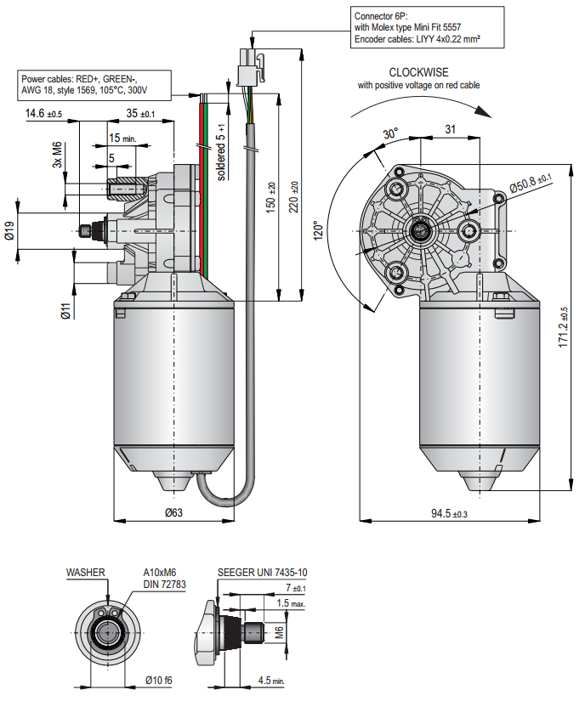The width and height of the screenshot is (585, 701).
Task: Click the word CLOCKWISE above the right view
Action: point(419,72)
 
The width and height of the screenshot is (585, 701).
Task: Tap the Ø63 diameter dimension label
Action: point(173,512)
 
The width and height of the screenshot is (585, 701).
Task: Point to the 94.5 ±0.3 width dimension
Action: point(450,513)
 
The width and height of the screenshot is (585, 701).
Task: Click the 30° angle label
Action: point(389,134)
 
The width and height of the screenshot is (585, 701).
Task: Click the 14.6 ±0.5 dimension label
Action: point(43,113)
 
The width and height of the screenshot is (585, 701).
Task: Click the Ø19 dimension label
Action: point(9,231)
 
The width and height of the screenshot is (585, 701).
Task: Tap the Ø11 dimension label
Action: point(65,310)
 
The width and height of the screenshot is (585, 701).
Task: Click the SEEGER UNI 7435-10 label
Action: point(263,572)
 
